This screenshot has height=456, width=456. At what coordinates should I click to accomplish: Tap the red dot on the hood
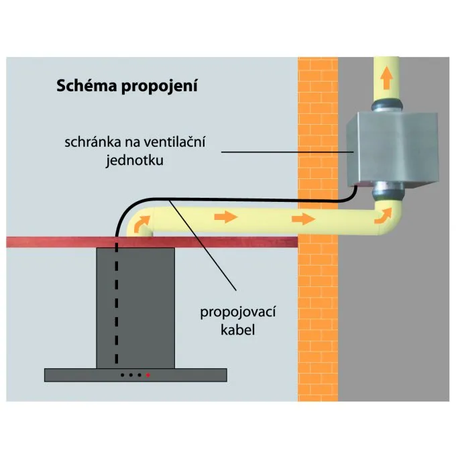coord(148,375)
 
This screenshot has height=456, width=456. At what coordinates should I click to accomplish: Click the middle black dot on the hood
coord(131,375)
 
